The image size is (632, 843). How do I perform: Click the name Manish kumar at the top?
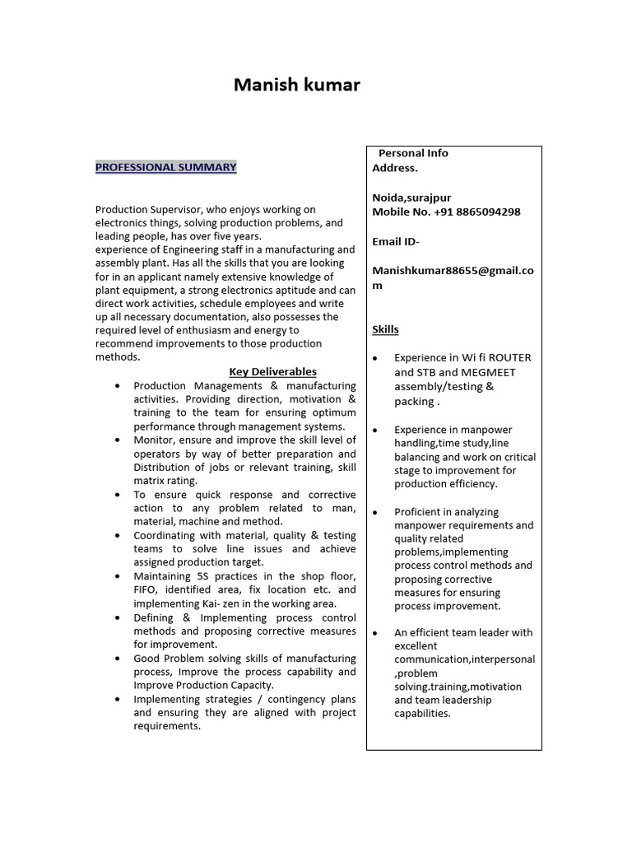(x=296, y=85)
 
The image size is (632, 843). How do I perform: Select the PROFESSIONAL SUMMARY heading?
(x=165, y=167)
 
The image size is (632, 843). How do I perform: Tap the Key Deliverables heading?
(x=272, y=371)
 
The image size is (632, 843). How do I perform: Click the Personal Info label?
(x=413, y=153)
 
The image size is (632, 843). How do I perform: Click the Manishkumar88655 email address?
(x=453, y=271)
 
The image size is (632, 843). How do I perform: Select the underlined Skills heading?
(x=385, y=329)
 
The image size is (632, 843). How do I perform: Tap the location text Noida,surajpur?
(x=411, y=198)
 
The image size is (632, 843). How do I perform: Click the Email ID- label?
(x=396, y=241)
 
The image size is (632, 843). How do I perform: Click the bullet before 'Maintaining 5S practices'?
(x=118, y=576)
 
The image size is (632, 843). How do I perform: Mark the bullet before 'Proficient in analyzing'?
(x=375, y=513)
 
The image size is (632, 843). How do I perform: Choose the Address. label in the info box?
(x=395, y=168)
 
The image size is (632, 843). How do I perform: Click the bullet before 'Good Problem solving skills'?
(x=118, y=659)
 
